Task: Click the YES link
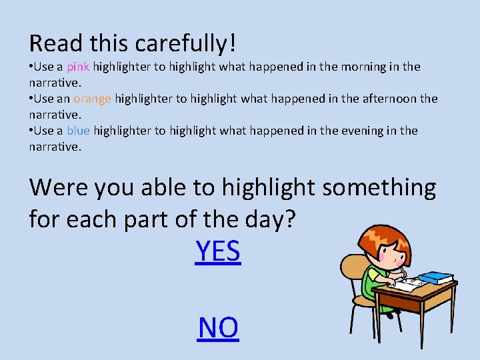click(x=217, y=252)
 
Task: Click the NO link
click(x=218, y=328)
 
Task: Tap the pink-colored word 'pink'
click(x=78, y=67)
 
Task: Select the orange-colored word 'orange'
click(x=92, y=99)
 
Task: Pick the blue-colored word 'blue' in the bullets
click(x=78, y=131)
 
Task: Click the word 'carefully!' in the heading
click(x=185, y=44)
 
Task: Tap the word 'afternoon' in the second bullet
click(x=389, y=99)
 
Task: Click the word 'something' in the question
click(x=379, y=188)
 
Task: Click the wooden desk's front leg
click(x=421, y=327)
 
